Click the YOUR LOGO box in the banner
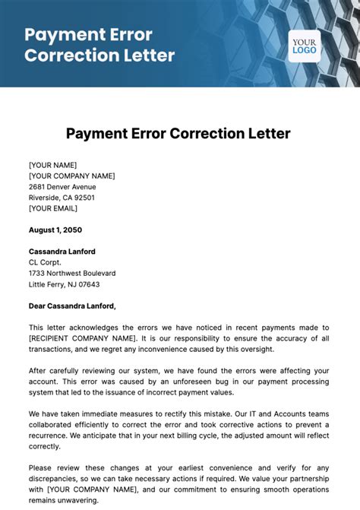[304, 46]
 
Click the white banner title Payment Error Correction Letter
[99, 45]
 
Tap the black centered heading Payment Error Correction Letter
[178, 134]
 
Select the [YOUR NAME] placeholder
[52, 165]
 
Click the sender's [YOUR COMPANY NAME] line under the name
[71, 176]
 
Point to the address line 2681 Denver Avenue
[62, 186]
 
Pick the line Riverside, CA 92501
[62, 197]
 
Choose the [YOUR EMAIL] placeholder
[53, 207]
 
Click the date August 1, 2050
[55, 230]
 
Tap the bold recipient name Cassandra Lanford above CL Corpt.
[62, 252]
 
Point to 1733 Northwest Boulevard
[72, 273]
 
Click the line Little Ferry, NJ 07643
[64, 284]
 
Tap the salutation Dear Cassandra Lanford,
[72, 306]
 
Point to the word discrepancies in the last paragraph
[58, 480]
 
